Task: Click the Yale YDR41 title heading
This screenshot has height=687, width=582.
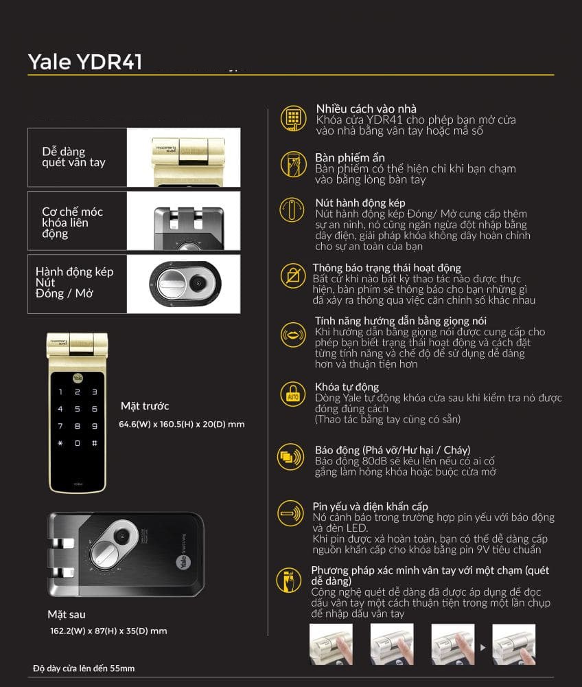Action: tap(85, 61)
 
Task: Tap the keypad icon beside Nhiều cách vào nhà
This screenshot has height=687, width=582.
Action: tap(293, 118)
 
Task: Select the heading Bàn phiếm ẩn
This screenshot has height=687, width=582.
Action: tap(350, 158)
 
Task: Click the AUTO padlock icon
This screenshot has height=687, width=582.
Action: tap(293, 394)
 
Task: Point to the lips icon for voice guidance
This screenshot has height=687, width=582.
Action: tap(293, 335)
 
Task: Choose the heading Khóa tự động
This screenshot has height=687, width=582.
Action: tap(347, 387)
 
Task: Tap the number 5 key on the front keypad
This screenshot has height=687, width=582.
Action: tap(78, 409)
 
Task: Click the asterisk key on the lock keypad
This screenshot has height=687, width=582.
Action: tap(60, 443)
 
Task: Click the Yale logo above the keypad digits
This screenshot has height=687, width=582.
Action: tap(78, 378)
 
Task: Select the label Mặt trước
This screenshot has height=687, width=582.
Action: tap(145, 406)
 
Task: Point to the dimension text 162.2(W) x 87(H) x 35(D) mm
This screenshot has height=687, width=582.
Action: tap(108, 631)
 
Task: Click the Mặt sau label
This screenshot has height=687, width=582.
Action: tap(67, 615)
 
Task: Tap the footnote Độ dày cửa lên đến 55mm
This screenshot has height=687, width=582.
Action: tap(84, 668)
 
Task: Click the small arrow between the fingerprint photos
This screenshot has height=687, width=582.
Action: tap(483, 647)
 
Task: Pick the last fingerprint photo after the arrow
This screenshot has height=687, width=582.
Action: tap(514, 644)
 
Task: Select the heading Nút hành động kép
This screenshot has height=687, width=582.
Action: tap(360, 203)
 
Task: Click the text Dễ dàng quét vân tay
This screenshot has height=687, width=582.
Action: tap(73, 157)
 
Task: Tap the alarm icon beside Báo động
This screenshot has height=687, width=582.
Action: tap(290, 457)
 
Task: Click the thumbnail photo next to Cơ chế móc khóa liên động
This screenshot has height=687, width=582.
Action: tap(184, 221)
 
